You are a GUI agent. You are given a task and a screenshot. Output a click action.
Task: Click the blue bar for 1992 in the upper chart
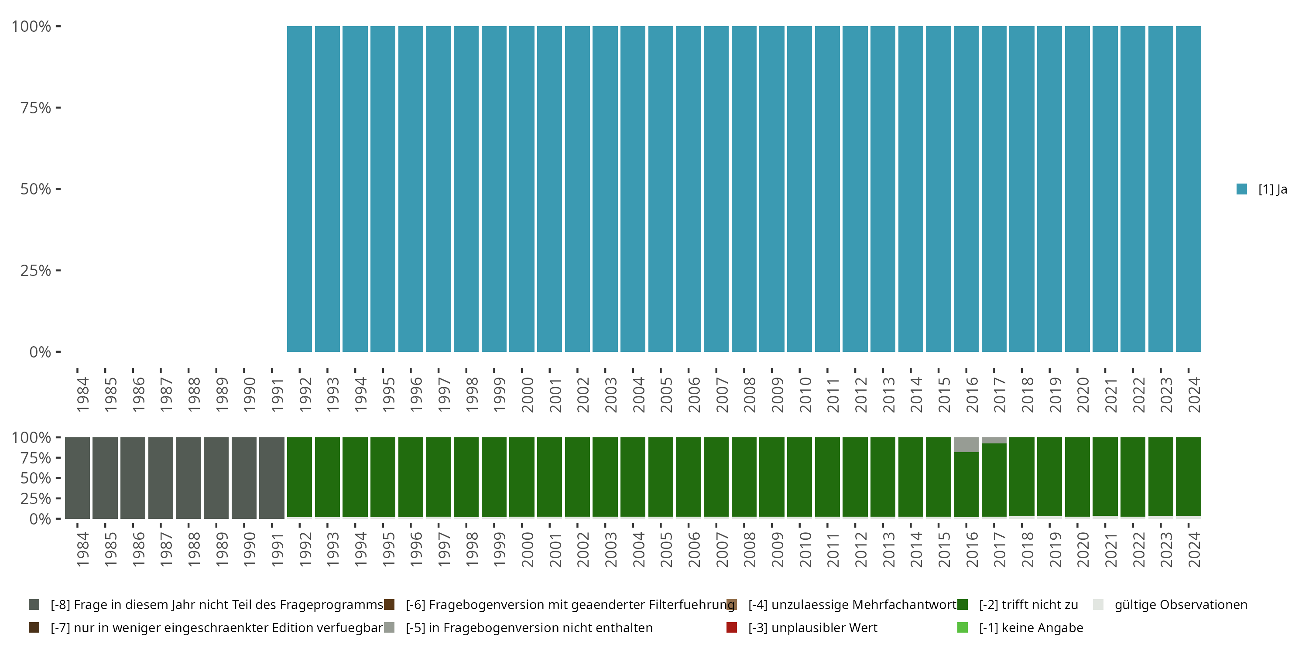point(299,189)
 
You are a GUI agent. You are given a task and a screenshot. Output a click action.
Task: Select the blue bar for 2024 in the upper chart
point(1188,189)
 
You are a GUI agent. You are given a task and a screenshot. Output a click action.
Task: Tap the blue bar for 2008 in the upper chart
point(744,189)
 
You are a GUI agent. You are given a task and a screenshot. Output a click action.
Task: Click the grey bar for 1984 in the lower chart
point(77,478)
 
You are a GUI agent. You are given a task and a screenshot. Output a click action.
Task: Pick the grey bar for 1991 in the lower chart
point(271,478)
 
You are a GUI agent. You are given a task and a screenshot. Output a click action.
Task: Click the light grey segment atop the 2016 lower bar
point(966,445)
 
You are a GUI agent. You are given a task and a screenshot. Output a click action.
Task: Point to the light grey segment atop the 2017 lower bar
point(994,440)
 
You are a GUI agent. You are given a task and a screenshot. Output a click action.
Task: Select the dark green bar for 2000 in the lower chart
point(522,478)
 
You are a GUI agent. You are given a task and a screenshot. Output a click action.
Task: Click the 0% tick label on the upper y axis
point(40,352)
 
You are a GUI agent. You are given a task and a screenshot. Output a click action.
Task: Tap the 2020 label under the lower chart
point(1083,549)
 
